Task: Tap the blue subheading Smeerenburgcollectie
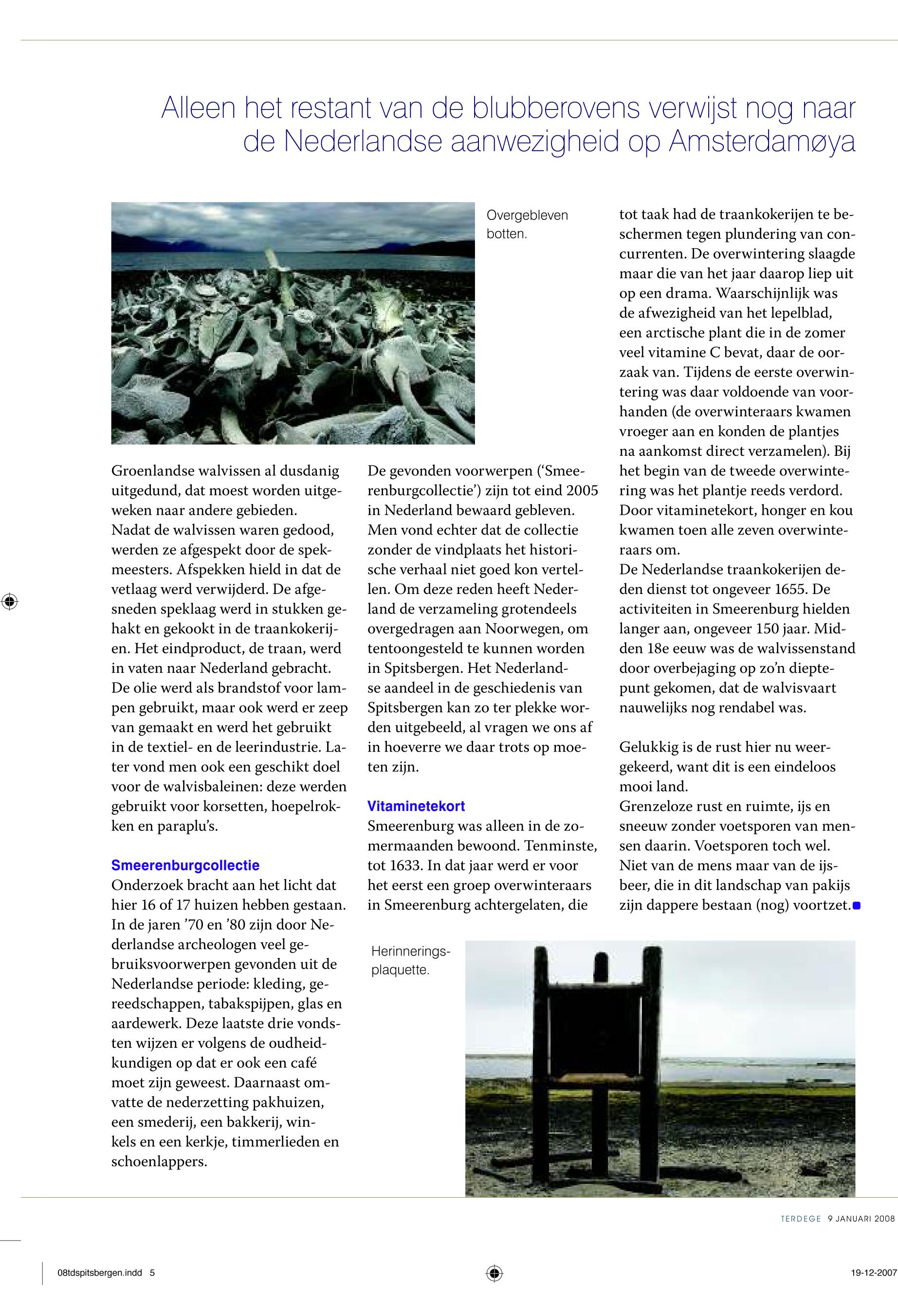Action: [185, 865]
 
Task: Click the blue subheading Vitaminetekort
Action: [416, 806]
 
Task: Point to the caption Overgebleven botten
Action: [527, 224]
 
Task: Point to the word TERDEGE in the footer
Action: [800, 1219]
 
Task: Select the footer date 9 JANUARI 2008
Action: [861, 1219]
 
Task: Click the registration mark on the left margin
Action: [10, 602]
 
